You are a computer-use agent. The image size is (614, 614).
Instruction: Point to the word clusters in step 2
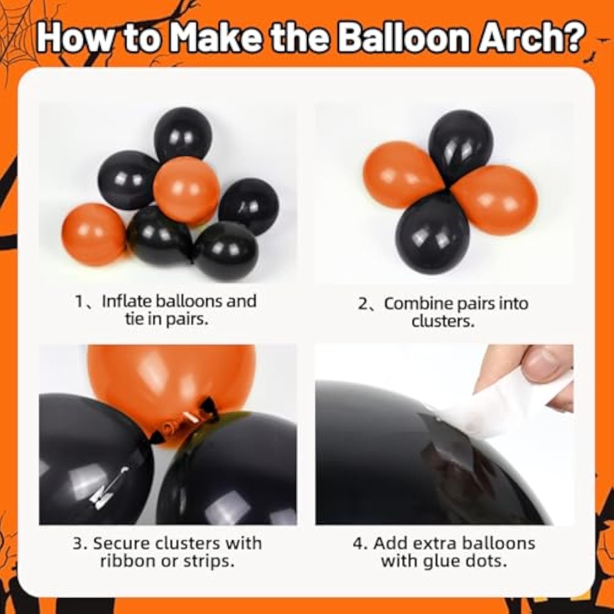coord(443,321)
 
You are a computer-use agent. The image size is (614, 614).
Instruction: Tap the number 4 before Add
coord(358,544)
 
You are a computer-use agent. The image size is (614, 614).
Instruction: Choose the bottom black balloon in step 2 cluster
coord(432,233)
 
